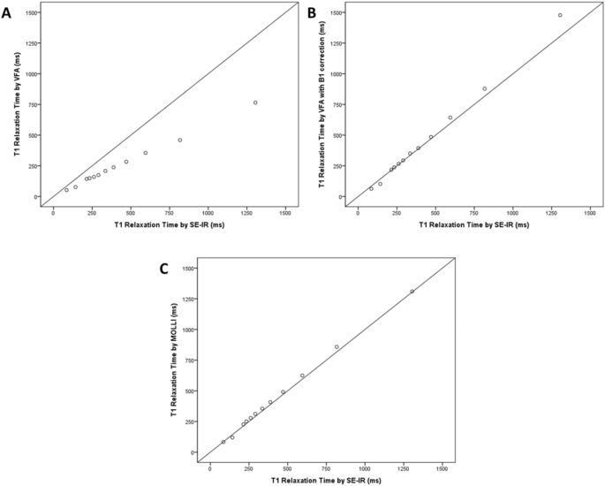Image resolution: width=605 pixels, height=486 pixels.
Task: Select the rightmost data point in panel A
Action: (255, 103)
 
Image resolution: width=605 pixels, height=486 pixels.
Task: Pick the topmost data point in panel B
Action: (560, 15)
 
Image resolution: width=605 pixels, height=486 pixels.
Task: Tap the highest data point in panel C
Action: (412, 291)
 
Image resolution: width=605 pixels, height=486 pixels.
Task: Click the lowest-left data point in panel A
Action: (66, 190)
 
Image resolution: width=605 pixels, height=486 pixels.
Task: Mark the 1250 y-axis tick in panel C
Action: (187, 299)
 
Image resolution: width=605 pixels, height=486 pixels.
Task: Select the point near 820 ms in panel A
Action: (179, 140)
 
